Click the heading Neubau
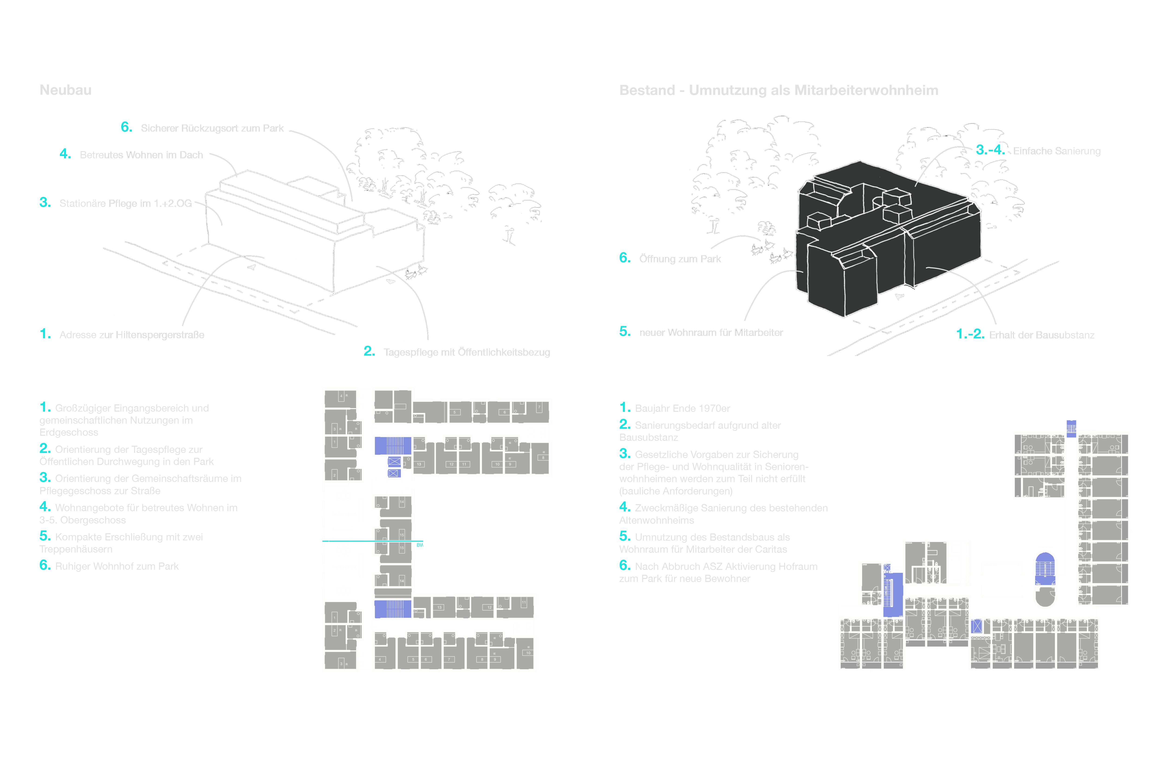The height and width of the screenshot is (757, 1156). (65, 90)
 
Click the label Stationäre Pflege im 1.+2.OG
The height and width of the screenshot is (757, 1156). (125, 204)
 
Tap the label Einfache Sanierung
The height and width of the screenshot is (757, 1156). (1056, 151)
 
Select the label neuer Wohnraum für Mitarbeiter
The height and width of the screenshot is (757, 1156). (711, 333)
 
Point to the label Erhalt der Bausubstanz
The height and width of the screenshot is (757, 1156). (1041, 335)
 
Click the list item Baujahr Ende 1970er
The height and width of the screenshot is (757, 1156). (682, 409)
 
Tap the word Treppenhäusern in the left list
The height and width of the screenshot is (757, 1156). (76, 549)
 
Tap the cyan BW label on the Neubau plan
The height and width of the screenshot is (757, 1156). (420, 545)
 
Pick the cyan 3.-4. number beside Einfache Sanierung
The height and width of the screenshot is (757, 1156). (990, 150)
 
